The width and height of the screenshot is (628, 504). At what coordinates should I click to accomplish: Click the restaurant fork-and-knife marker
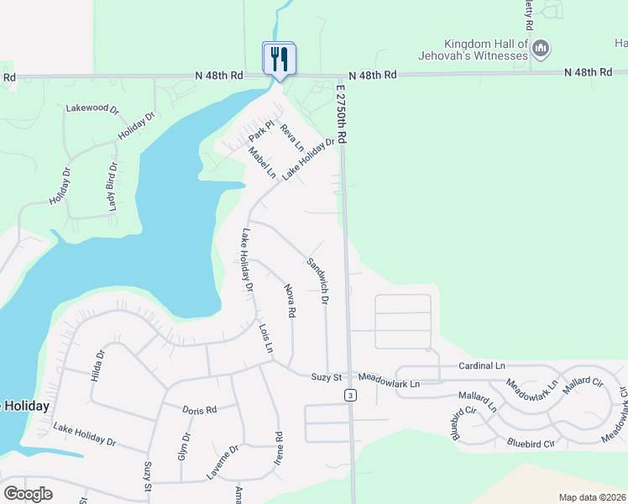pos(280,58)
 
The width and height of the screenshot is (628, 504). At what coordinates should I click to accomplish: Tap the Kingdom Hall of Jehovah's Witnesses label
pos(486,50)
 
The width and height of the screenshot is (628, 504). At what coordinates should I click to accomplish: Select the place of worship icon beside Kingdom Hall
pos(542,50)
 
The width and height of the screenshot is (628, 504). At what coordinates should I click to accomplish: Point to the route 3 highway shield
pos(349,395)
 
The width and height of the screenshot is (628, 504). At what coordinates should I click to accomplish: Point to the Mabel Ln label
pos(262,162)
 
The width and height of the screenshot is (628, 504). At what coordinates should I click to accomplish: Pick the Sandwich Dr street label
pos(317,279)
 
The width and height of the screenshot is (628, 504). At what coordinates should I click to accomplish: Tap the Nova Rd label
pos(290,301)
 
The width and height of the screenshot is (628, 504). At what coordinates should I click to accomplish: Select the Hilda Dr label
pos(99,366)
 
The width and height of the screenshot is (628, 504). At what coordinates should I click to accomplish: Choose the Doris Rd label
pos(200,409)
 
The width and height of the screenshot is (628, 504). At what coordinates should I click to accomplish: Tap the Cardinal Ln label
pos(482,366)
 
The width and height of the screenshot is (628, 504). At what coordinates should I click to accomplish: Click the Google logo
pos(28,494)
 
